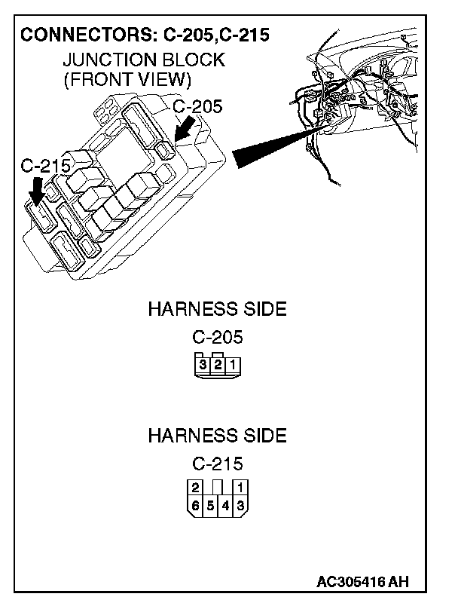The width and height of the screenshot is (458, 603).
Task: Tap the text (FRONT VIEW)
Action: (127, 78)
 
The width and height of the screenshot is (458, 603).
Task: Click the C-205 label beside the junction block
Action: (197, 106)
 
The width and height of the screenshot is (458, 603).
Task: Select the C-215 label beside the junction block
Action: (45, 165)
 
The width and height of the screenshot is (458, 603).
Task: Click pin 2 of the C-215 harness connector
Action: (195, 487)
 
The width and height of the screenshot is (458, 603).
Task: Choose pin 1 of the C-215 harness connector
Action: (240, 487)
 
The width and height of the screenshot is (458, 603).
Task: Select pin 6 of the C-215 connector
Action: (195, 506)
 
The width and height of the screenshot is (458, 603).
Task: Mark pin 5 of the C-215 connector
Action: (210, 506)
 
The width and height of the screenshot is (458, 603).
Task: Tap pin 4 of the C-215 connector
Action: (225, 506)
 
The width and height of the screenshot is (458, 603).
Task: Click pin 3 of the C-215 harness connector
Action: (240, 506)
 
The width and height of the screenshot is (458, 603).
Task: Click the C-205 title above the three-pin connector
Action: (217, 337)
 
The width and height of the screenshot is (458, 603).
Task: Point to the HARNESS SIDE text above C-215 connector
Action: (217, 436)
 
